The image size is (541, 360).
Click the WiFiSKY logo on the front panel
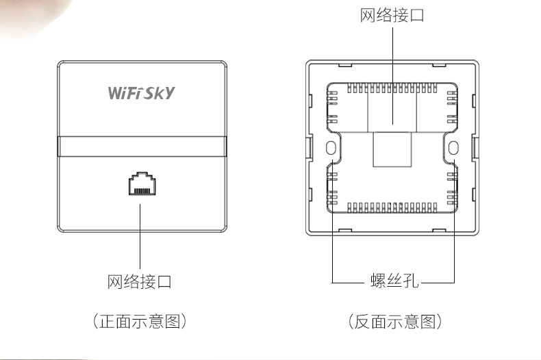141,92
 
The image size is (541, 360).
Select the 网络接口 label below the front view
140,281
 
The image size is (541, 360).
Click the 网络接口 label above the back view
392,15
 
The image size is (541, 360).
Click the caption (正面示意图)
140,321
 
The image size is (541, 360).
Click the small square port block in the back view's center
392,150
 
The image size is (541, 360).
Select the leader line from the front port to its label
140,233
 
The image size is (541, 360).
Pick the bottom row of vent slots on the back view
392,207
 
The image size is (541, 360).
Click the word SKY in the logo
158,92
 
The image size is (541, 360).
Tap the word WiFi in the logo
124,92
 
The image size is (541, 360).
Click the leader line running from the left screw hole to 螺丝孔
332,226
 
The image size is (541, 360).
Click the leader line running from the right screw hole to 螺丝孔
454,226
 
